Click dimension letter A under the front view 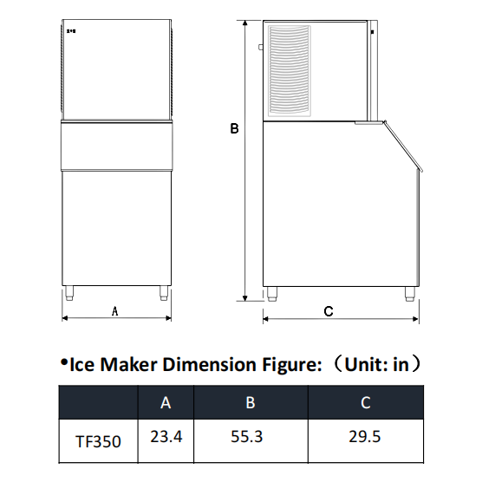(114, 311)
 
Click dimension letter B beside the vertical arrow (234, 128)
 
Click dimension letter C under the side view (329, 311)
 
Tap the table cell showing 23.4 (166, 437)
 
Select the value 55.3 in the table (247, 437)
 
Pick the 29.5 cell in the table (365, 437)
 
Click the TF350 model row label (98, 442)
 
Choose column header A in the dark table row (166, 402)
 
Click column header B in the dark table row (251, 402)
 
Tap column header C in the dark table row (366, 402)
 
